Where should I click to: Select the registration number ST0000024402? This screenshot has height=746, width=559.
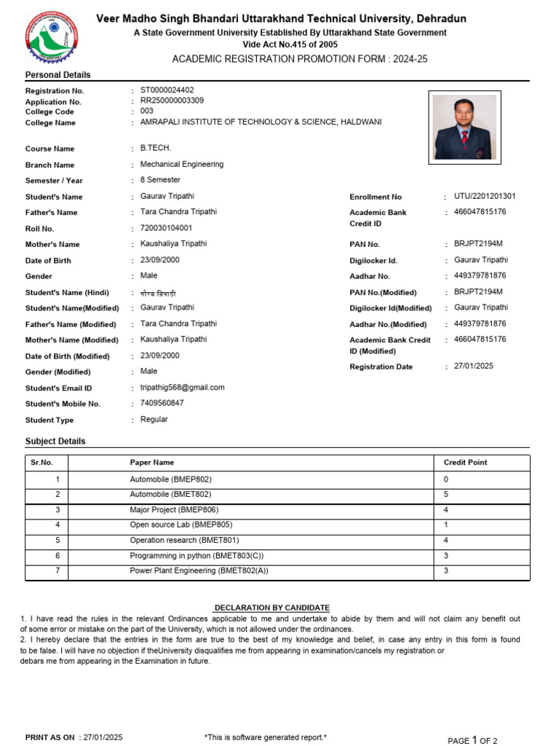click(167, 90)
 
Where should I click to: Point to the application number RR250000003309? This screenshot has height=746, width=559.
click(172, 101)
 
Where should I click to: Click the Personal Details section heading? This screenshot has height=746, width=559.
click(58, 75)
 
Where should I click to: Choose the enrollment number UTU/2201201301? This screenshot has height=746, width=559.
click(485, 197)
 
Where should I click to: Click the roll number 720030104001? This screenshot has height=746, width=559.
click(166, 229)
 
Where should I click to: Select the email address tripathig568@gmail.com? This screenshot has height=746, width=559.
click(182, 388)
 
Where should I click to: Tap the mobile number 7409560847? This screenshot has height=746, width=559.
click(162, 403)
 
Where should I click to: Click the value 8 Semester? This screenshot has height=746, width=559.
click(160, 180)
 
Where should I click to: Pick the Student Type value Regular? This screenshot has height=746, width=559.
click(154, 420)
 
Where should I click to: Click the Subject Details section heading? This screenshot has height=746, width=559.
click(55, 441)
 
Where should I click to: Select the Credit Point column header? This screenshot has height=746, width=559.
click(465, 463)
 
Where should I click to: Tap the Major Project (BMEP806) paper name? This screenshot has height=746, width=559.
click(174, 510)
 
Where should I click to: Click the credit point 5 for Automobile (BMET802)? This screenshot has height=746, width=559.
click(446, 495)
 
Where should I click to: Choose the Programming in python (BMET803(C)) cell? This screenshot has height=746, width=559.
click(197, 555)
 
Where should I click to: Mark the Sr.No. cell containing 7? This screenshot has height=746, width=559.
click(56, 571)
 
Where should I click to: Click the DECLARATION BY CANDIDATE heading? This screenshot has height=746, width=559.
click(271, 608)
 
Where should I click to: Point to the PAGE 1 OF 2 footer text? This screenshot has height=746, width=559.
click(472, 740)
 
